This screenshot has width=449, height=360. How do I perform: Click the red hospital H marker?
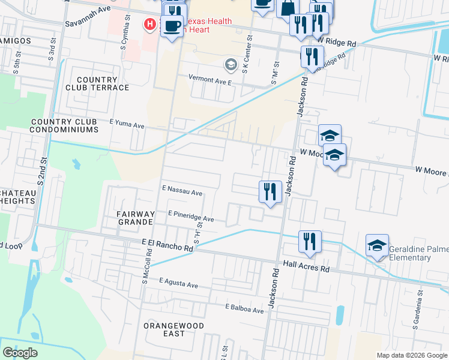(149, 25)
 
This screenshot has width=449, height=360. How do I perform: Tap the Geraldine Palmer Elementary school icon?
(377, 245)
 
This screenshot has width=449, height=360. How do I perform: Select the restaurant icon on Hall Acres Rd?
(310, 242)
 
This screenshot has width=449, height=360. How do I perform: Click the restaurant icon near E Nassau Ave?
(270, 192)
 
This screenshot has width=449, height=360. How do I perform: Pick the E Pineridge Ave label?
(191, 216)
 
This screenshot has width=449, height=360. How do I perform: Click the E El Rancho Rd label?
(167, 245)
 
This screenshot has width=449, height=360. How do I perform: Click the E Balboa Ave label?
(244, 310)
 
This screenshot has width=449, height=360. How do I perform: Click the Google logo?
(20, 353)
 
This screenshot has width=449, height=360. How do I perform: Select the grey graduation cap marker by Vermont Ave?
(230, 64)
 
